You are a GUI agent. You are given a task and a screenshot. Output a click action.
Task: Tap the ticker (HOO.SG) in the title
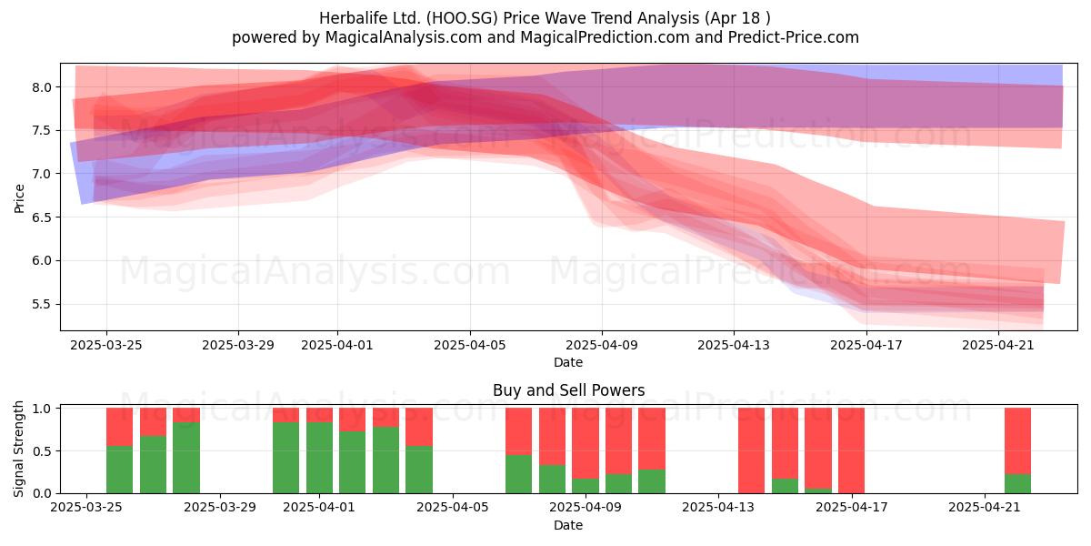pyautogui.click(x=462, y=18)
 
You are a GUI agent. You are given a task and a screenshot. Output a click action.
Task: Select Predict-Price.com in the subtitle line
pyautogui.click(x=794, y=37)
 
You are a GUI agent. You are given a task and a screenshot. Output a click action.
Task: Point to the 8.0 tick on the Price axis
pyautogui.click(x=43, y=87)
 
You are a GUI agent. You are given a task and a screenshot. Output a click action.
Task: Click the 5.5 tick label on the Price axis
pyautogui.click(x=43, y=304)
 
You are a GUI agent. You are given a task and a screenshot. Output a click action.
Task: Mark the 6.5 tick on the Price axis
pyautogui.click(x=43, y=217)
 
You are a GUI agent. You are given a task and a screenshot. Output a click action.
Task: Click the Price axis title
pyautogui.click(x=19, y=198)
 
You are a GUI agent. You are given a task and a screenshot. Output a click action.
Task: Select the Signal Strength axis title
pyautogui.click(x=18, y=449)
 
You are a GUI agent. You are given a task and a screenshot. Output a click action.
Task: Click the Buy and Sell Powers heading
pyautogui.click(x=568, y=390)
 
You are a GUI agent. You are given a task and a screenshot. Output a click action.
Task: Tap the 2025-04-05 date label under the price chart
pyautogui.click(x=470, y=346)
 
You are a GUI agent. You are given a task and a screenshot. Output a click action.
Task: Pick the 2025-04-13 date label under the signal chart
pyautogui.click(x=718, y=508)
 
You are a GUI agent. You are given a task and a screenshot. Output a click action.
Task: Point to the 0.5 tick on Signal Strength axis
pyautogui.click(x=43, y=451)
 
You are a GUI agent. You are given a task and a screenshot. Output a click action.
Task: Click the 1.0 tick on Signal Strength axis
pyautogui.click(x=43, y=409)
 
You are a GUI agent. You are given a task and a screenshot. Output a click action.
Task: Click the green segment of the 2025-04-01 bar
pyautogui.click(x=319, y=458)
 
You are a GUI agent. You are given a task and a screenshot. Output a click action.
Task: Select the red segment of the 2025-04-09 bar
pyautogui.click(x=586, y=443)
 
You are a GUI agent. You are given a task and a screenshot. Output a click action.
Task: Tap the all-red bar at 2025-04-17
pyautogui.click(x=851, y=450)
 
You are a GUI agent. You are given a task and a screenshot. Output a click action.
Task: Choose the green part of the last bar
pyautogui.click(x=1018, y=483)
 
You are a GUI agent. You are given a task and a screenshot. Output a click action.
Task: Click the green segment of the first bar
pyautogui.click(x=119, y=470)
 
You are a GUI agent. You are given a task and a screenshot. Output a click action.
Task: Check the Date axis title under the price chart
pyautogui.click(x=568, y=363)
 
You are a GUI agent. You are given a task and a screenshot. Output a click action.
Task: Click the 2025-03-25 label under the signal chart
pyautogui.click(x=86, y=508)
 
